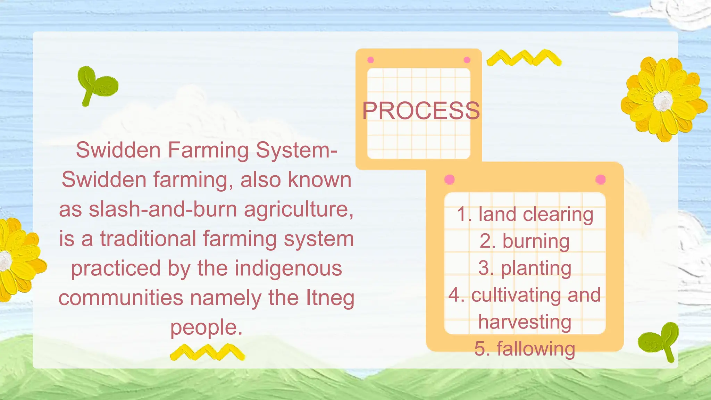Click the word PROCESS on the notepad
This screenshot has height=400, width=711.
421,111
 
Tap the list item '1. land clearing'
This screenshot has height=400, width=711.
525,214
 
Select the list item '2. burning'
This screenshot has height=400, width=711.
525,241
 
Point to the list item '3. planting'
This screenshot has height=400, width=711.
525,268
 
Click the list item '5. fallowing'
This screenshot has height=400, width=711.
525,349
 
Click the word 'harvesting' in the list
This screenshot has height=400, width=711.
525,322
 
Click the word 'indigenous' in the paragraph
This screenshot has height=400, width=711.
288,268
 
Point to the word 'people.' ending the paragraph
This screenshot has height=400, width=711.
206,327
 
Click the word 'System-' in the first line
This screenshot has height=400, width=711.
296,150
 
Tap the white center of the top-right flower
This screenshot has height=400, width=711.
663,100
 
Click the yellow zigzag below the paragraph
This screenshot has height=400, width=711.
207,352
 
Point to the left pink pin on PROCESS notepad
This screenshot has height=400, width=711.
370,60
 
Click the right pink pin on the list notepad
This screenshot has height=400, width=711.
601,180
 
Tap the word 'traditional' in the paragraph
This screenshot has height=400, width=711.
148,239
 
